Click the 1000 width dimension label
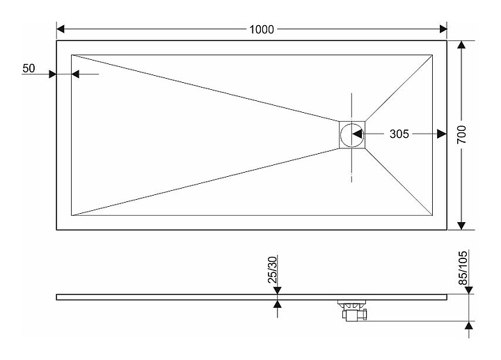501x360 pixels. pyautogui.click(x=262, y=29)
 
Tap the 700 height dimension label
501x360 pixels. pyautogui.click(x=462, y=134)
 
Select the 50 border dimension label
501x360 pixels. pyautogui.click(x=29, y=68)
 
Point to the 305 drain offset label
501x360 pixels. pyautogui.click(x=399, y=134)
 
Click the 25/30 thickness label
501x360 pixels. pyautogui.click(x=273, y=270)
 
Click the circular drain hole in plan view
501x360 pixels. pyautogui.click(x=352, y=134)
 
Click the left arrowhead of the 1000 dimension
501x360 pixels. pyautogui.click(x=61, y=29)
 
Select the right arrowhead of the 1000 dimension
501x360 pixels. pyautogui.click(x=443, y=29)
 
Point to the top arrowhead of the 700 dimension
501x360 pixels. pyautogui.click(x=461, y=45)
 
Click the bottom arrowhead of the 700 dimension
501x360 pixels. pyautogui.click(x=461, y=226)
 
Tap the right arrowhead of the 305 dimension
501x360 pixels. pyautogui.click(x=442, y=134)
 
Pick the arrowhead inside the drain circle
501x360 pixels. pyautogui.click(x=357, y=134)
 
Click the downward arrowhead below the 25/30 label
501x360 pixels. pyautogui.click(x=278, y=290)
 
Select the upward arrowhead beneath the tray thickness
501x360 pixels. pyautogui.click(x=278, y=304)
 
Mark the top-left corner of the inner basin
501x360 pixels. pyautogui.click(x=71, y=55)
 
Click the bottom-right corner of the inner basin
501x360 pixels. pyautogui.click(x=432, y=215)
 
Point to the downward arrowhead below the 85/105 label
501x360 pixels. pyautogui.click(x=469, y=290)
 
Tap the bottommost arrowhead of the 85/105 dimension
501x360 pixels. pyautogui.click(x=469, y=325)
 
